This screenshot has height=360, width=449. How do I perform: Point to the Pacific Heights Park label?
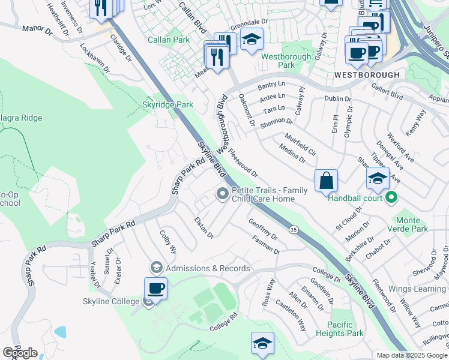(x=347, y=328)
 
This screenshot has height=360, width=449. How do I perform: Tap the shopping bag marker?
(x=326, y=180)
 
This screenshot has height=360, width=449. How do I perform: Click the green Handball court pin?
(x=391, y=196)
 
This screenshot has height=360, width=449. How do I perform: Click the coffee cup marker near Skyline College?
(x=156, y=288)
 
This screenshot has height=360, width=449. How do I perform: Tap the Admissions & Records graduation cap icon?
(x=157, y=268)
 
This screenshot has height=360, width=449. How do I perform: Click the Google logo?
(x=20, y=353)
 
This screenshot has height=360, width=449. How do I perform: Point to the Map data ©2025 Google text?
(x=412, y=355)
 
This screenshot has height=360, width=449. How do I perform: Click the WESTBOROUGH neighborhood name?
(x=366, y=75)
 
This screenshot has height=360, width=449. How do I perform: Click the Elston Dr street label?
(x=203, y=227)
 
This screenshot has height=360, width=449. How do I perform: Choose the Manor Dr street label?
(x=37, y=29)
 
